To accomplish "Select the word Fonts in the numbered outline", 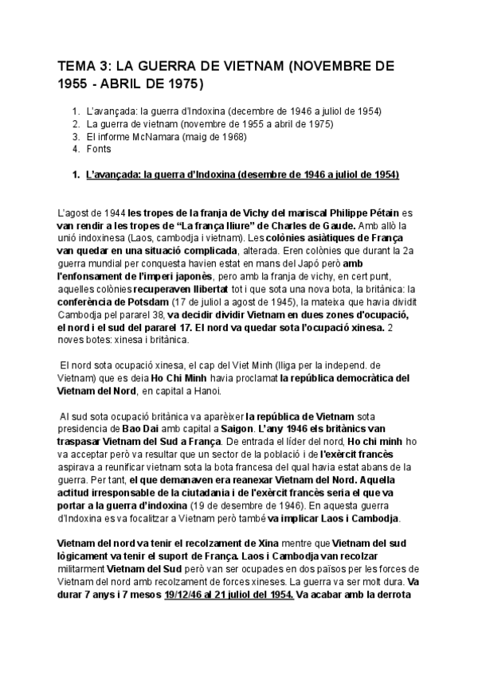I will pyautogui.click(x=100, y=149).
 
